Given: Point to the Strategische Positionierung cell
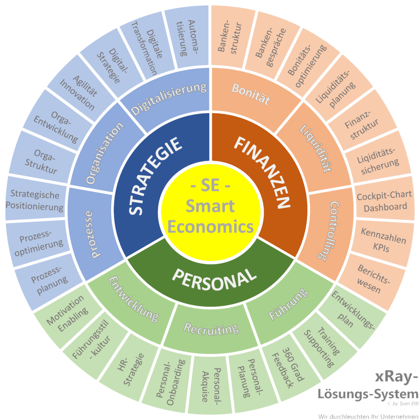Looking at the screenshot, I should coord(35,201).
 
